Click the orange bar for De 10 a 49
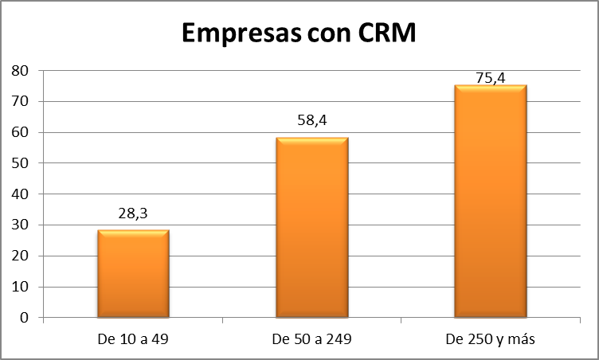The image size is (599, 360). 133,274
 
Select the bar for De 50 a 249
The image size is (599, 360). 312,228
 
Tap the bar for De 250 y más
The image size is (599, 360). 491,202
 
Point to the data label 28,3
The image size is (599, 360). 133,215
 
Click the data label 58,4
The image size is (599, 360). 311,123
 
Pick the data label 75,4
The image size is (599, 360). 490,77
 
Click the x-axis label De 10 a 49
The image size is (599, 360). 133,339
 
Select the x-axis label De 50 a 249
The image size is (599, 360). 311,339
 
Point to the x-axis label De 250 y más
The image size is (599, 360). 491,339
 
